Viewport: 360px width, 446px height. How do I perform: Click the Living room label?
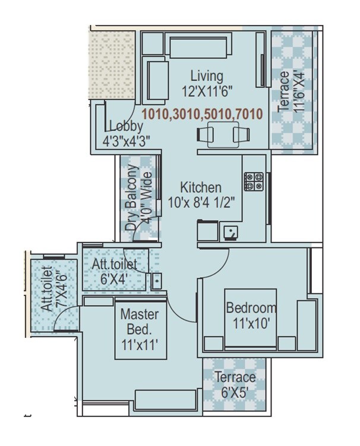(x=207, y=77)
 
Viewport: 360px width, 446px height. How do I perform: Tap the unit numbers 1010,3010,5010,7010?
(x=202, y=114)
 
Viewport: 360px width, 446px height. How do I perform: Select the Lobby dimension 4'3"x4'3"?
(x=126, y=140)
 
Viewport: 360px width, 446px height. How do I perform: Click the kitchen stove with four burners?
(x=255, y=181)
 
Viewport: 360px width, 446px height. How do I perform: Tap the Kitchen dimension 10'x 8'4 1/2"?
(x=202, y=202)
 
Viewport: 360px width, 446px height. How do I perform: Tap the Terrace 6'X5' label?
(x=235, y=384)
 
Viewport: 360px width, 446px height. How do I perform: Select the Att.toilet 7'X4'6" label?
(x=52, y=290)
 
